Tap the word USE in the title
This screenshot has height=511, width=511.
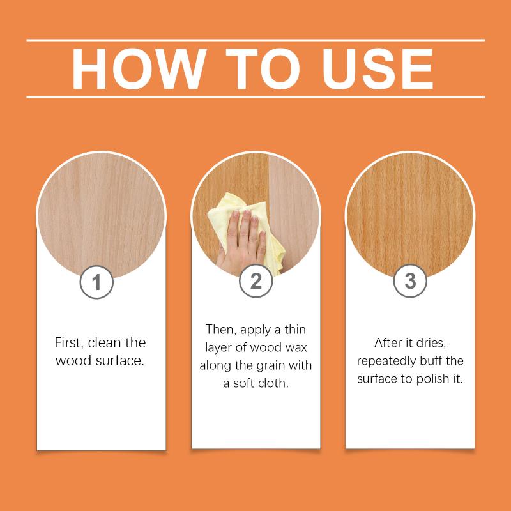(x=378, y=69)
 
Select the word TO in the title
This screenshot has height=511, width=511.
(x=263, y=69)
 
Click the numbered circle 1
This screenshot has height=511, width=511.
(x=96, y=282)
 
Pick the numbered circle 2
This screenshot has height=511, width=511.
(x=256, y=280)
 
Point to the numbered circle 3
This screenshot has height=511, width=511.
(x=410, y=280)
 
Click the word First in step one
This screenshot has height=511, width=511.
(x=68, y=343)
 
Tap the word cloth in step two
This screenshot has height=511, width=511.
(x=273, y=383)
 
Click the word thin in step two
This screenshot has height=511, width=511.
(x=295, y=330)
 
